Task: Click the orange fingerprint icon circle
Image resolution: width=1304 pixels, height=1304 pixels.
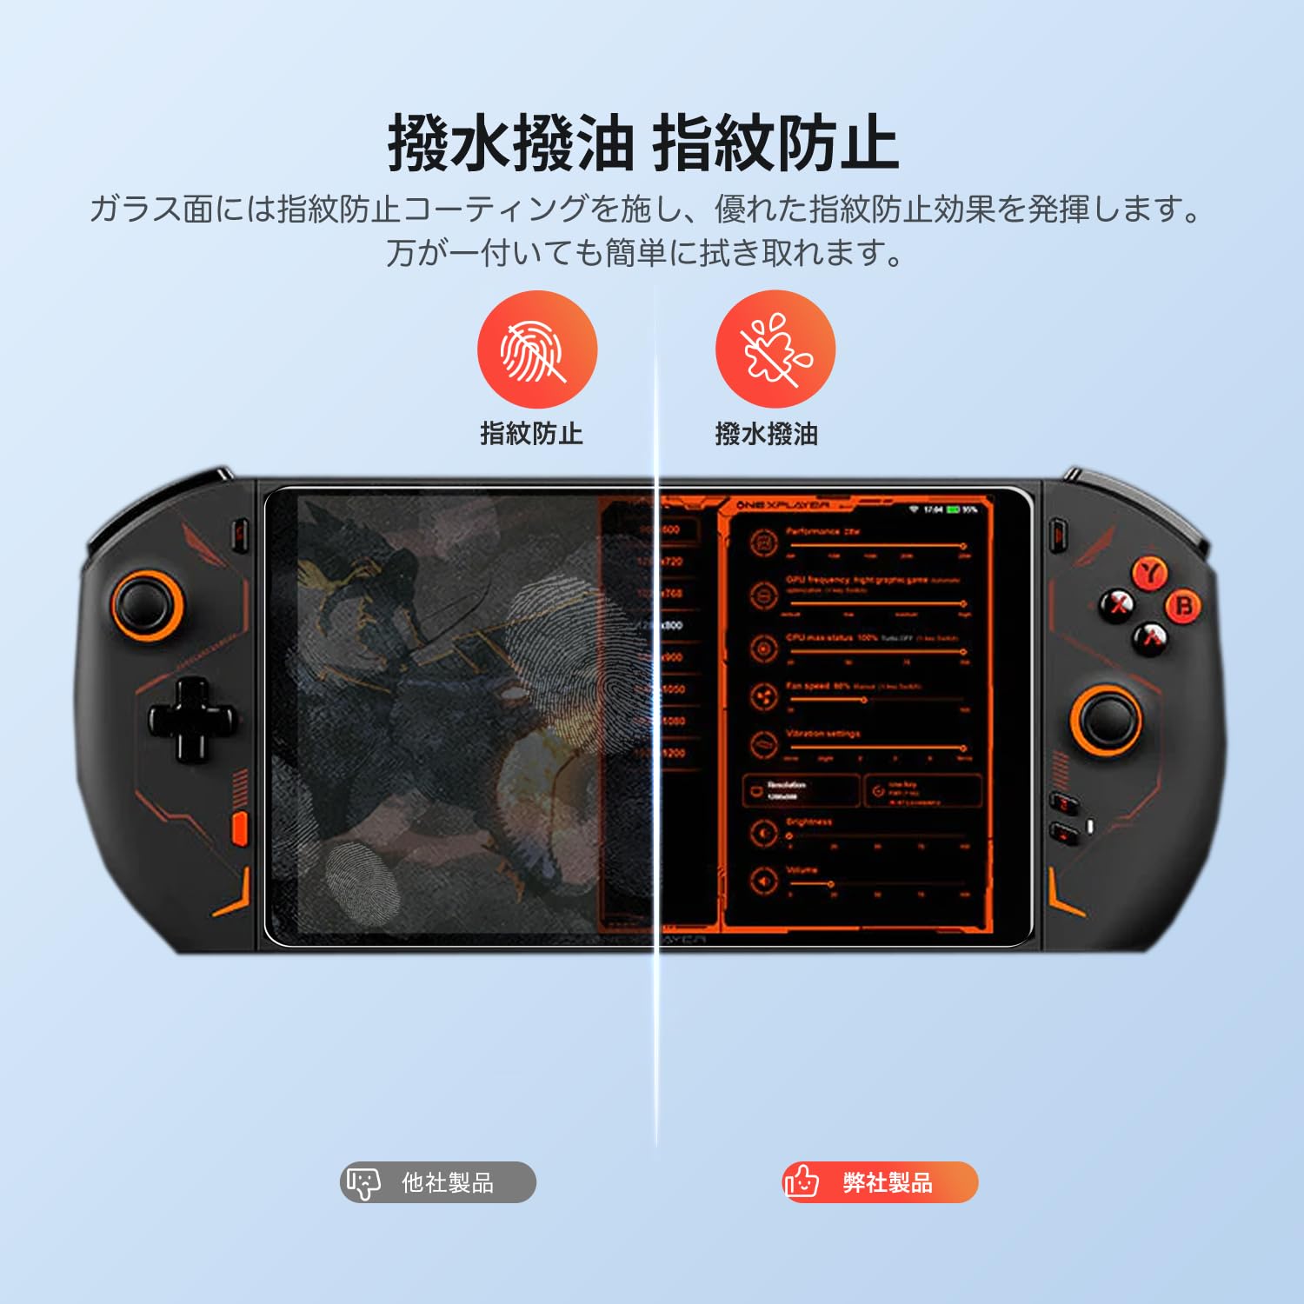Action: click(536, 350)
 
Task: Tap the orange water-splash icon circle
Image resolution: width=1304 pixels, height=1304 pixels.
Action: click(775, 350)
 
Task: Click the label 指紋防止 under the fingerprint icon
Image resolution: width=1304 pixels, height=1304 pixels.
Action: click(531, 433)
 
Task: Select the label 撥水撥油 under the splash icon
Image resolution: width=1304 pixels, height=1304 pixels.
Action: click(766, 433)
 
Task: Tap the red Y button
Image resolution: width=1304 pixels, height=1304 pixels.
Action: click(1151, 573)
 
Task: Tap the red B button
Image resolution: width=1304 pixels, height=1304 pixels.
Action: click(1183, 605)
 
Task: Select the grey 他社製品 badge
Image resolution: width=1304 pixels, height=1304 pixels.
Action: click(438, 1182)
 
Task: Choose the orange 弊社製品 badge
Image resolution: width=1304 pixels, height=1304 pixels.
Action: click(880, 1182)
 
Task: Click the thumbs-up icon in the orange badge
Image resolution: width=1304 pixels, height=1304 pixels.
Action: click(802, 1181)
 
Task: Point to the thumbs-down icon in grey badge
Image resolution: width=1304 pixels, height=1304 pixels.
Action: click(363, 1182)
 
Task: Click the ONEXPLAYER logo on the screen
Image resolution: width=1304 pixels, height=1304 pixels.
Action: click(782, 505)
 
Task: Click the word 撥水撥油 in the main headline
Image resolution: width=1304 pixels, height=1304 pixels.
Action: click(509, 143)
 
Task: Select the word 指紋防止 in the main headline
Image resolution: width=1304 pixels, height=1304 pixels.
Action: click(775, 143)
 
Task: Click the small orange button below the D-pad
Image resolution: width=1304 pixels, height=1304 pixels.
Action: click(239, 828)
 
